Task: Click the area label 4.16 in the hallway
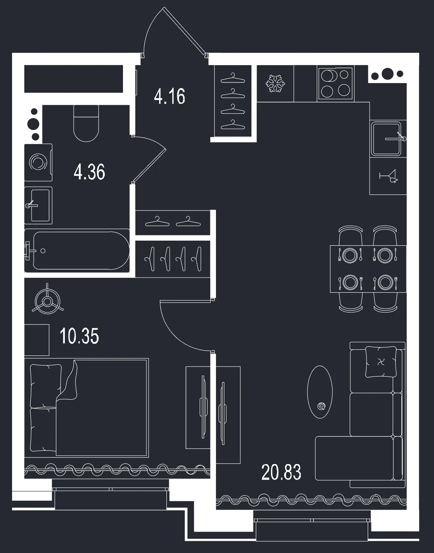click(169, 96)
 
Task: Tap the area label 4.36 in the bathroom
click(89, 172)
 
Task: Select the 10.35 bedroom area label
click(79, 336)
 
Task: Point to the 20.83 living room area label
click(281, 472)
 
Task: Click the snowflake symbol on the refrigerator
click(275, 83)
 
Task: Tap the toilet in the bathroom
click(86, 123)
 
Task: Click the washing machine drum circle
click(38, 162)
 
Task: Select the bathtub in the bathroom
click(77, 251)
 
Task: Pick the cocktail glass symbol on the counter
click(389, 176)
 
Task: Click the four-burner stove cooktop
click(335, 83)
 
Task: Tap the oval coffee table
click(320, 392)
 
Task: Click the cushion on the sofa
click(381, 362)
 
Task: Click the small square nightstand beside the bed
click(37, 340)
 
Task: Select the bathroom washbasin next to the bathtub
click(38, 205)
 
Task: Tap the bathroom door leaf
click(149, 166)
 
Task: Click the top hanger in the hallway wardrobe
click(232, 78)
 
